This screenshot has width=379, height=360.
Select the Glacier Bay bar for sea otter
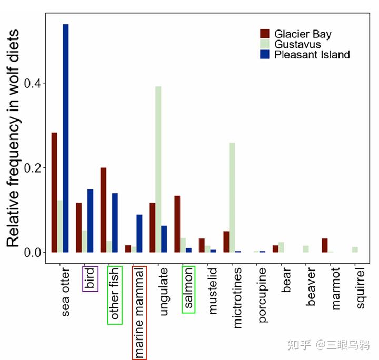coord(54,192)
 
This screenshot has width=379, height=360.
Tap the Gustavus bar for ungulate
coord(158,169)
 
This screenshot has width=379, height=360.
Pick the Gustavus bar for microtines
coord(232,197)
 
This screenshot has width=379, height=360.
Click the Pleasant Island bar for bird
coord(91,221)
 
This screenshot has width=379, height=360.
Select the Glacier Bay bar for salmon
coord(177,224)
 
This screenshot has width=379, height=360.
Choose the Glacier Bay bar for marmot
coord(325,245)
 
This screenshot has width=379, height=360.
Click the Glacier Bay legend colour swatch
coord(265,34)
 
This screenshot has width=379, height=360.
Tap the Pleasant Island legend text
coord(312,55)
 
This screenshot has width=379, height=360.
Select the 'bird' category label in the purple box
coord(91,278)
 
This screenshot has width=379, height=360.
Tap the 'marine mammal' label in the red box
coord(139,313)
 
